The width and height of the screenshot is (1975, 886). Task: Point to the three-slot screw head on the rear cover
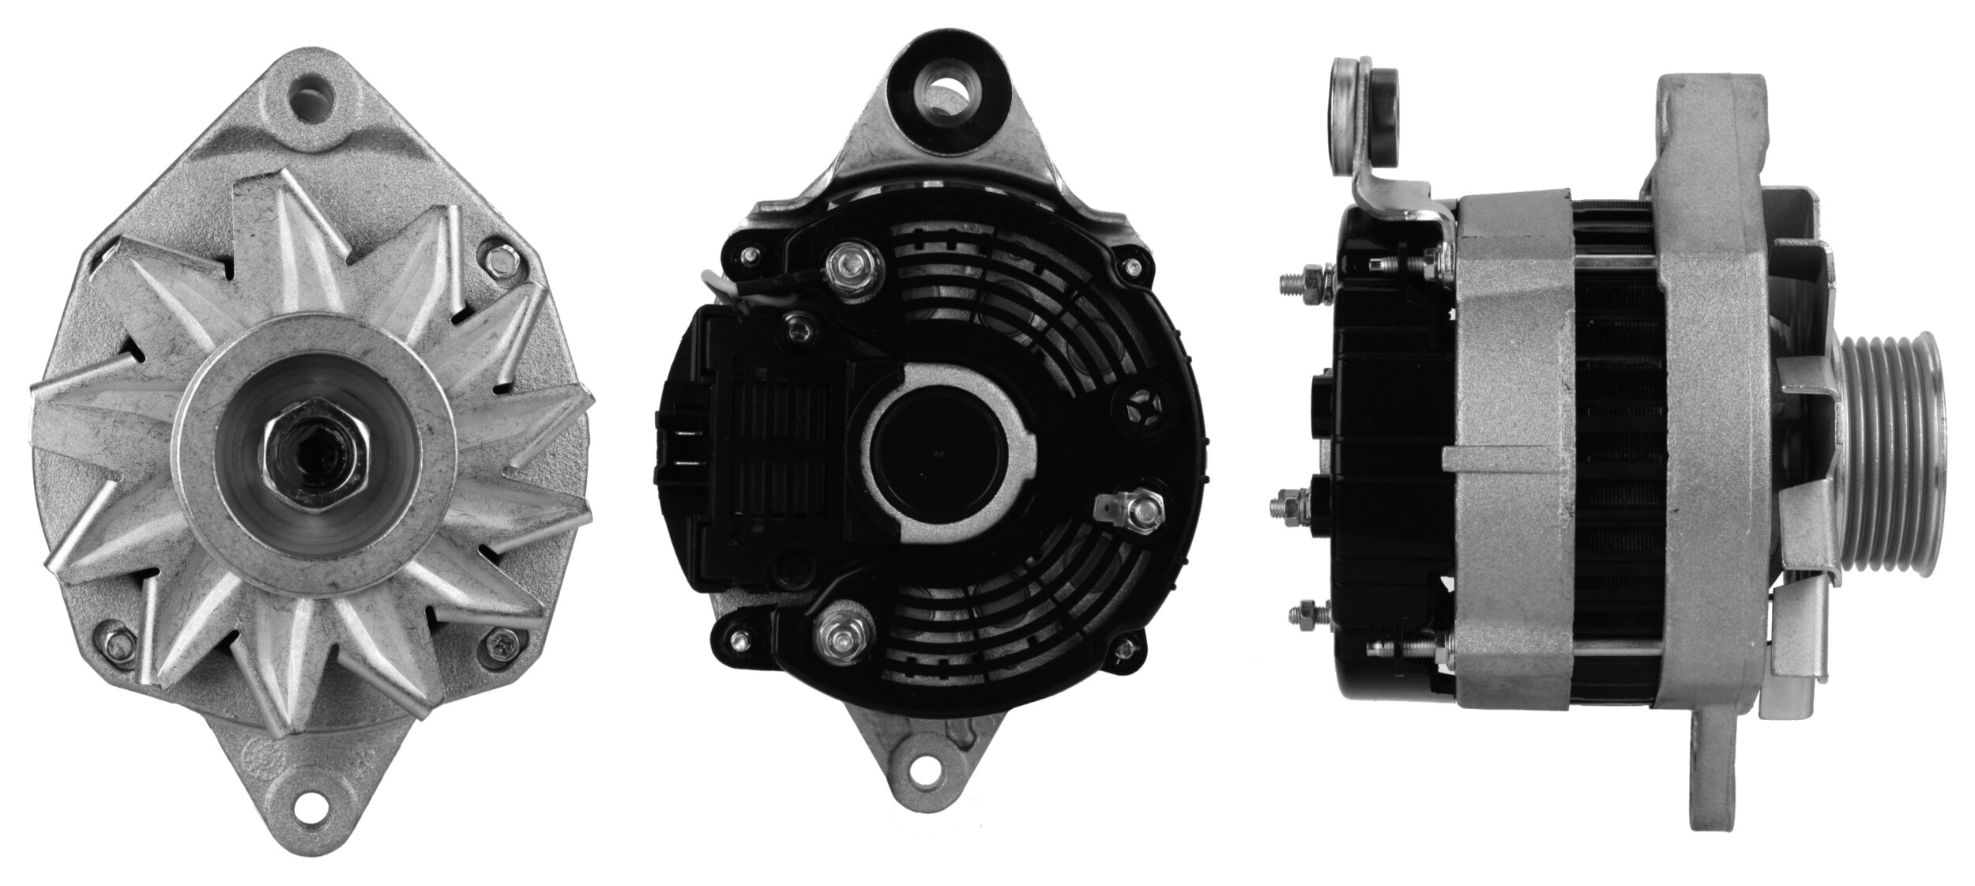1142,405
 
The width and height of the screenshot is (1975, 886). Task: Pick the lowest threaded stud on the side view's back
1303,613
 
